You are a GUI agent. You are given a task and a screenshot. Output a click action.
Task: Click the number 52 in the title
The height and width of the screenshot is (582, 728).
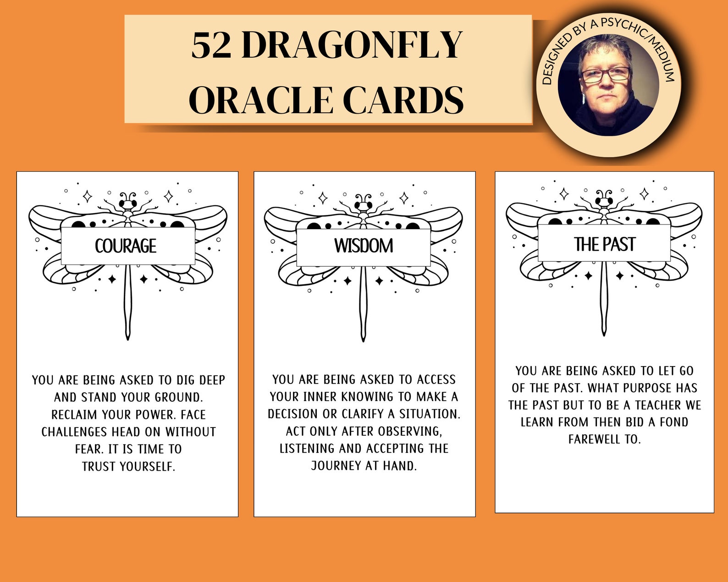point(211,45)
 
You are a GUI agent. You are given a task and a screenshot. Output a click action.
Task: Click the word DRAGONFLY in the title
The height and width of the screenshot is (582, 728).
point(352,45)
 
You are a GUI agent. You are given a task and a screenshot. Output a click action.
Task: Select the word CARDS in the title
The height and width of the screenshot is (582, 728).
point(403,100)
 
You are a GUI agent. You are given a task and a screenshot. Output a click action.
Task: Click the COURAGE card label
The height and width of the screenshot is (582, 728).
point(126,246)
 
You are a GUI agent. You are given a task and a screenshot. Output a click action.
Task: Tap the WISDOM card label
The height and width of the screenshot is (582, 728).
point(364,246)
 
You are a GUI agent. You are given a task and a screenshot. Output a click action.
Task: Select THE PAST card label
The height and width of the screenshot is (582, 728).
point(604,244)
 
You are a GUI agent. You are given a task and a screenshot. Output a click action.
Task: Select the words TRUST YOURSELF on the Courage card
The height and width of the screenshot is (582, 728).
point(128,467)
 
